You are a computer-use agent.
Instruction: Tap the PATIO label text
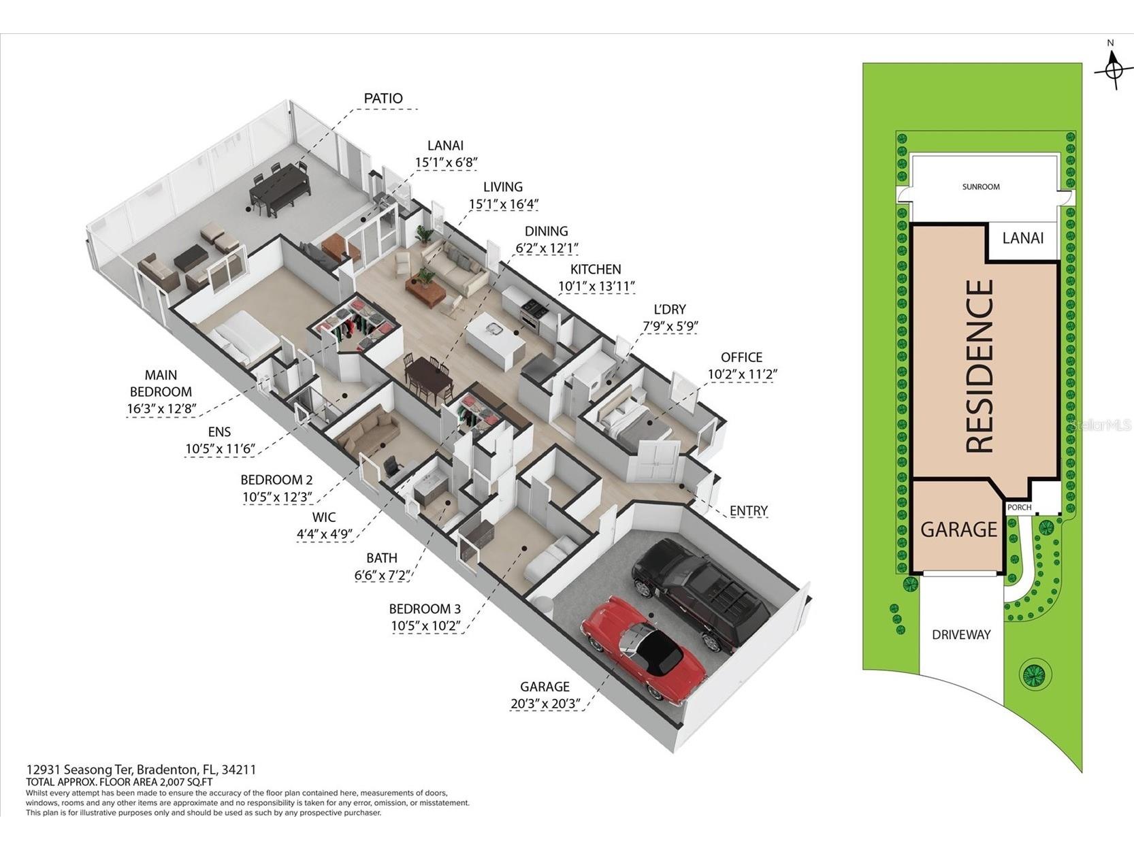click(383, 98)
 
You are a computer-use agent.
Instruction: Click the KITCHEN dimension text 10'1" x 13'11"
click(596, 286)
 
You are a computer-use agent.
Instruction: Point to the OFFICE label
click(741, 357)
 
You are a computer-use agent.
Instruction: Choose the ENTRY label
click(749, 510)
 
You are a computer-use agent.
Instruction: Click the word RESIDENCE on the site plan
click(979, 366)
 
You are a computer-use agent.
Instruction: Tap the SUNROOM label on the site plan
click(981, 187)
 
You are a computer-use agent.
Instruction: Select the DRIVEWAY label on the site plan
click(961, 635)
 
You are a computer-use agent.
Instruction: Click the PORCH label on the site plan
click(1020, 508)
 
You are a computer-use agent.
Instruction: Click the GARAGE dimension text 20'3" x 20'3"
click(545, 703)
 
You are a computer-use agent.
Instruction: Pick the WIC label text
click(323, 517)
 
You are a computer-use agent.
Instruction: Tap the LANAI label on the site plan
click(1023, 238)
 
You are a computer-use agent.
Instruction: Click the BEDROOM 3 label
click(425, 609)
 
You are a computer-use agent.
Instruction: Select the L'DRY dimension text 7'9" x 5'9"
click(670, 327)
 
